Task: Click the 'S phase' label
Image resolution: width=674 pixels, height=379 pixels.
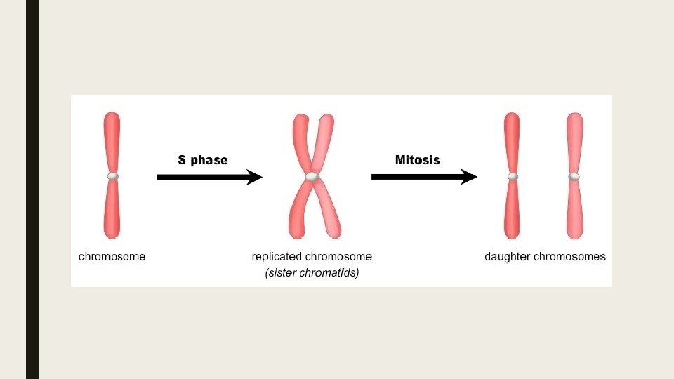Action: tap(202, 160)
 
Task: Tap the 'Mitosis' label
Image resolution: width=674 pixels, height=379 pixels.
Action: tap(417, 160)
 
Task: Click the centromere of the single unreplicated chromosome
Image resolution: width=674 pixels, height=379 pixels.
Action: tap(112, 176)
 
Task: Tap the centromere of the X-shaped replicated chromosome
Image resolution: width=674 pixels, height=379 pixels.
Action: tap(312, 177)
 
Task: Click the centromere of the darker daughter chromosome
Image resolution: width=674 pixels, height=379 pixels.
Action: tap(513, 176)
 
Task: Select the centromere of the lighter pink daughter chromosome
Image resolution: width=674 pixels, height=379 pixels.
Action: tap(574, 176)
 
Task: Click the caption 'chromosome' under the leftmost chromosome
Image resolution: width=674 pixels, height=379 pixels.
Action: tap(112, 257)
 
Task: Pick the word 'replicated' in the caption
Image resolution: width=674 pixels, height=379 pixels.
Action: tap(277, 257)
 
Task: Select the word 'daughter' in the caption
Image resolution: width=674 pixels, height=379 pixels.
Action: tap(507, 257)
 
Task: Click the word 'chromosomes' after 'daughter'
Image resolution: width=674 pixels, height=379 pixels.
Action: tap(569, 257)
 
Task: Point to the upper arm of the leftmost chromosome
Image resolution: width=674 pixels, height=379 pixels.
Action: tap(112, 140)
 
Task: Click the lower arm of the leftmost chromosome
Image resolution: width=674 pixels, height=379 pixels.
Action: tap(112, 211)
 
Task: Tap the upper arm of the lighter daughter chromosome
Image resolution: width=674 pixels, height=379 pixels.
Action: tap(574, 140)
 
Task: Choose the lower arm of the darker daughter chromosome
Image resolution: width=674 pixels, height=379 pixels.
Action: tap(513, 211)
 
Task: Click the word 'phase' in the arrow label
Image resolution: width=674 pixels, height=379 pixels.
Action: tap(209, 160)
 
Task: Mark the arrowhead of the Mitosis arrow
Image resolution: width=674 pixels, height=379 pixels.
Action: tap(468, 178)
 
